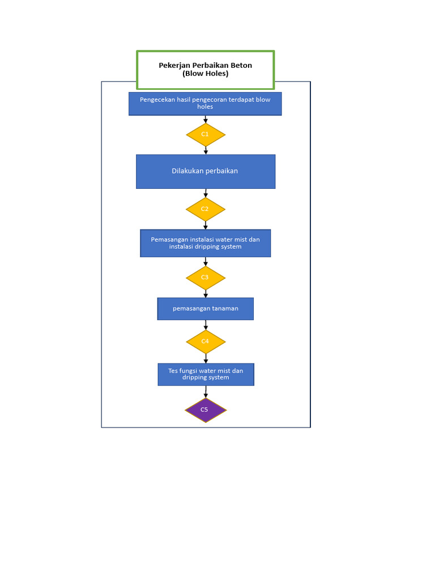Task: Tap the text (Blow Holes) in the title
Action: pos(205,74)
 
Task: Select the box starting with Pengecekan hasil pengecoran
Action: pos(205,103)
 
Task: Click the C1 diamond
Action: pos(206,135)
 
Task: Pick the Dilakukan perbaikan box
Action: pos(205,171)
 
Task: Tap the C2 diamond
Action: pos(205,209)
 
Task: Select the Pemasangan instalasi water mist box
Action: pos(205,243)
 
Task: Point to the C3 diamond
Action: pos(206,278)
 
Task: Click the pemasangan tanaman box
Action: pos(205,309)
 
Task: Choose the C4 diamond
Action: pos(206,342)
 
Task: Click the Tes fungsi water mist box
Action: pos(206,374)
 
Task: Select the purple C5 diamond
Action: pos(206,410)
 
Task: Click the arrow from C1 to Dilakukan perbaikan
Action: pos(206,150)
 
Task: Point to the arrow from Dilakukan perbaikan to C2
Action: pos(206,193)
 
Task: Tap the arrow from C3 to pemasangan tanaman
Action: pos(206,294)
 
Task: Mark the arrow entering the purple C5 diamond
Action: pos(206,392)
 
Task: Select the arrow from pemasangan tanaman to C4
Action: pos(206,325)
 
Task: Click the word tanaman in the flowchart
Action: pos(225,309)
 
